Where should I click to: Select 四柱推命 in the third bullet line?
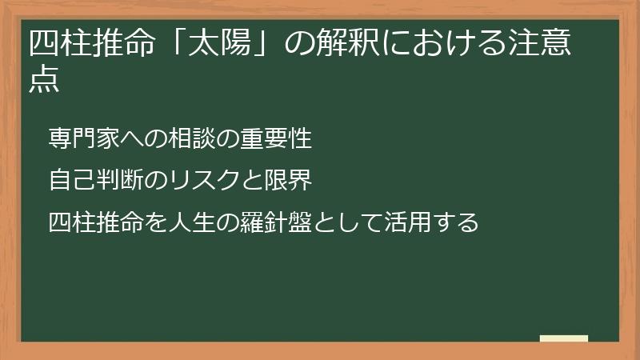tap(92, 221)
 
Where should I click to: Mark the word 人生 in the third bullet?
tap(180, 221)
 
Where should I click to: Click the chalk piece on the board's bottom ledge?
tap(564, 338)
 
